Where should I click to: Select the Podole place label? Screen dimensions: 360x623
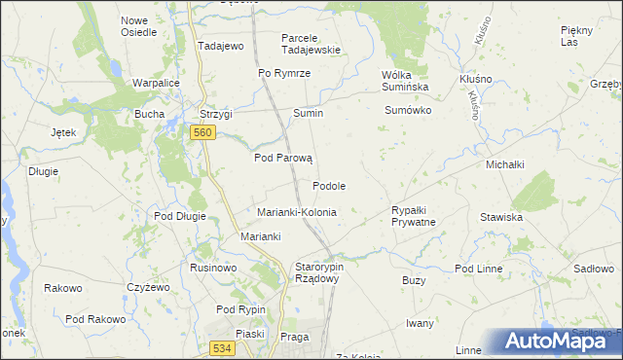[x=329, y=185]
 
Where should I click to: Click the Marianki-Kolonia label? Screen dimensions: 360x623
[x=296, y=211]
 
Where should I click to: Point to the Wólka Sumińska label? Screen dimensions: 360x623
[x=409, y=80]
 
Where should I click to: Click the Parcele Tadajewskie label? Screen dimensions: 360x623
[x=311, y=44]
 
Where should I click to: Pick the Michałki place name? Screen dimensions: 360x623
[x=506, y=164]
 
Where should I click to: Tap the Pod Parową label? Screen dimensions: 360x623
[x=282, y=158]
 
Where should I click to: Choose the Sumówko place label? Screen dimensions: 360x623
[x=408, y=111]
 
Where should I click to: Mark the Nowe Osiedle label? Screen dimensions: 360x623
[x=138, y=25]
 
